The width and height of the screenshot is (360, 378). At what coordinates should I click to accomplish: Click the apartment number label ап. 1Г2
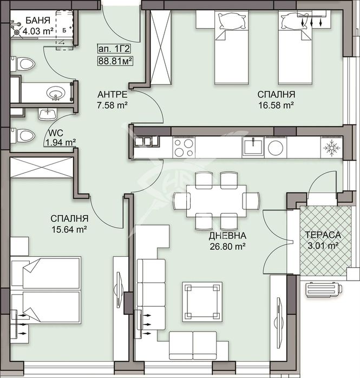[114, 49]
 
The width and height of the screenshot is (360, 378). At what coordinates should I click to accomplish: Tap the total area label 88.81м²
[115, 61]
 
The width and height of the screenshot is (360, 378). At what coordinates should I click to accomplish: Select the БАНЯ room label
[38, 21]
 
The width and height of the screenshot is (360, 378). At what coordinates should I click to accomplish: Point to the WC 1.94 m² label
[61, 138]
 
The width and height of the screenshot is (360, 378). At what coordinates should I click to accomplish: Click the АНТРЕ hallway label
[112, 94]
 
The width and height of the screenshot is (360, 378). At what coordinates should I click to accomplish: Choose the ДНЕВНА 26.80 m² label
[227, 241]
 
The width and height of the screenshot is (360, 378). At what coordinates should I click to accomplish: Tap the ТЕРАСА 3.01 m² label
[323, 240]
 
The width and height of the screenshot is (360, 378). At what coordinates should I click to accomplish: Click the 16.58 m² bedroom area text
[276, 105]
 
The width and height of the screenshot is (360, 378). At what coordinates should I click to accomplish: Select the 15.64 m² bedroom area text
[69, 229]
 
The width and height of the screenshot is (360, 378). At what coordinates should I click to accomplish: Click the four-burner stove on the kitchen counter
[184, 147]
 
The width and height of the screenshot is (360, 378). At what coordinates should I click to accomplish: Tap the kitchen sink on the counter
[253, 147]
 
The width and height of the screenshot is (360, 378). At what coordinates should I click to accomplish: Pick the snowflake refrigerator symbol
[332, 147]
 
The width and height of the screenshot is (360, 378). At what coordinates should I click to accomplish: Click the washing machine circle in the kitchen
[276, 148]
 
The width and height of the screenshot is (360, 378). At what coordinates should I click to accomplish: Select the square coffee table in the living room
[202, 302]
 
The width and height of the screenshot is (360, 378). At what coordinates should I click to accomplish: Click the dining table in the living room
[217, 201]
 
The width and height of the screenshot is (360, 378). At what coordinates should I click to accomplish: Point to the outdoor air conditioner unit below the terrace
[323, 289]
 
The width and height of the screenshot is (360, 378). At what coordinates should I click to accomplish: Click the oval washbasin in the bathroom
[56, 92]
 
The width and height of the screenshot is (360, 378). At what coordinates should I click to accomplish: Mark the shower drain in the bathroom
[17, 32]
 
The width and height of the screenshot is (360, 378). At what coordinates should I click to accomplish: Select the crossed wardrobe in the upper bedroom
[161, 47]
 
